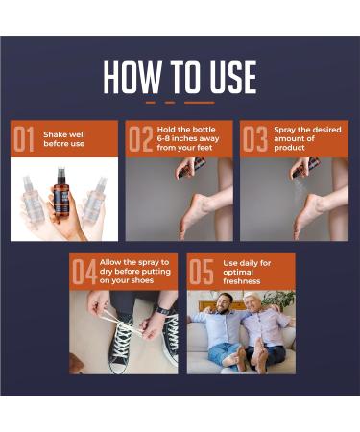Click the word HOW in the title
132,78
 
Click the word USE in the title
234,78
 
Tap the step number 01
24,139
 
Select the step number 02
140,139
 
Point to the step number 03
255,139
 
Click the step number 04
84,272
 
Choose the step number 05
202,272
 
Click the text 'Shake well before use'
64,139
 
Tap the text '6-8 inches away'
188,139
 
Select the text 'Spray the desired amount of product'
307,138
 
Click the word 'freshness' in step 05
242,281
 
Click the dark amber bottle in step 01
61,192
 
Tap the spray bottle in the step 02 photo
191,167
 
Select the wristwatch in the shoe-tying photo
162,310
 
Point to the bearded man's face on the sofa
226,303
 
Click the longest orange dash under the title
200,103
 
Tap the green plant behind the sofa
278,300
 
